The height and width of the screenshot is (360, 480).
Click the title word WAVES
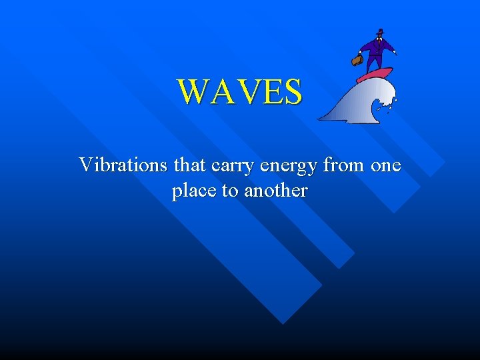click(240, 92)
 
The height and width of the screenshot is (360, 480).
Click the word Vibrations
click(123, 164)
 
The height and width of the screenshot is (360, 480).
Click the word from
click(343, 164)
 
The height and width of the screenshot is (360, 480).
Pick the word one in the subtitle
click(386, 165)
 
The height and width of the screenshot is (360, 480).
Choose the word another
click(276, 191)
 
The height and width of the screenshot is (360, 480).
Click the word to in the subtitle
click(230, 191)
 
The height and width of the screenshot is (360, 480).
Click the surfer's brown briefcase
click(357, 60)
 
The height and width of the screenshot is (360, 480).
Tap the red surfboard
click(375, 74)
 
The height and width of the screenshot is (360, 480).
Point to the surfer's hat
click(380, 32)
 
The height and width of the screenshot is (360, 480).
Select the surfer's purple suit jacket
click(377, 47)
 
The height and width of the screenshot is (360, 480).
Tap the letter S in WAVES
click(292, 92)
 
